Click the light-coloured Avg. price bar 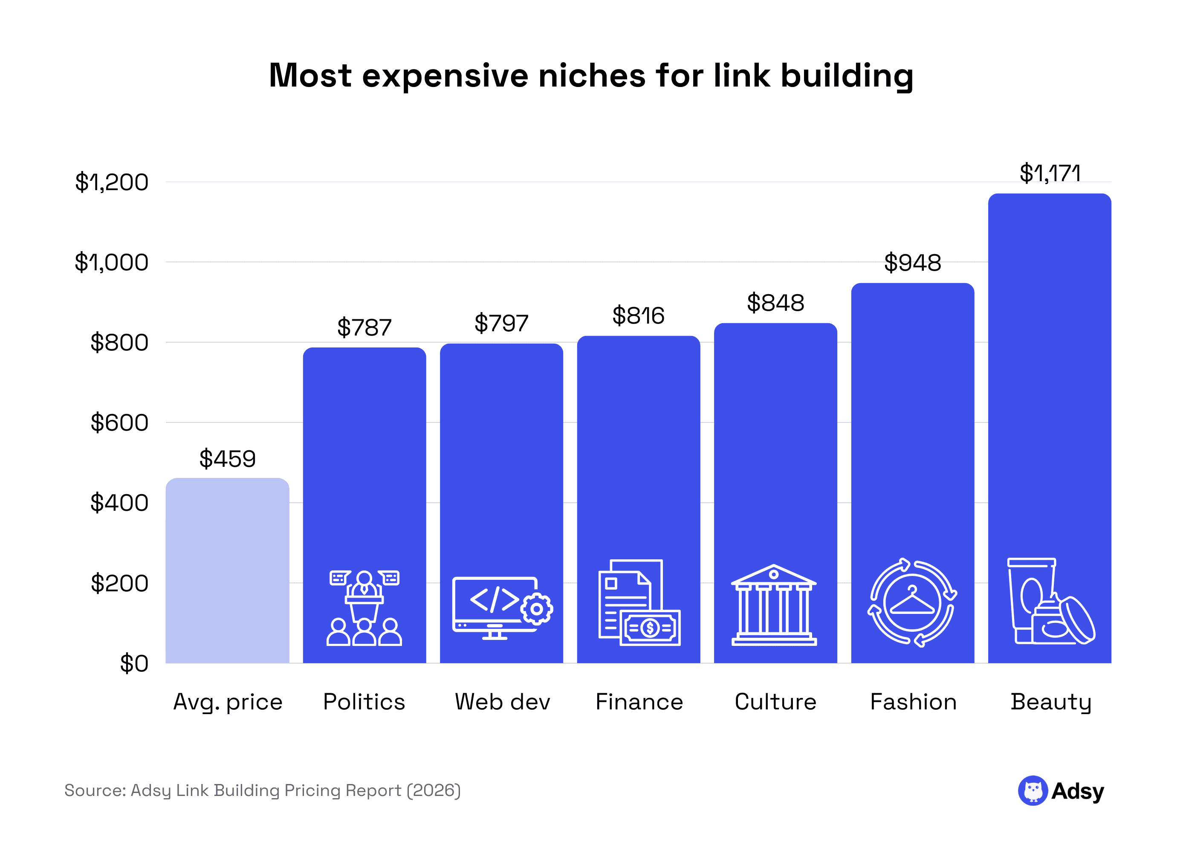pyautogui.click(x=227, y=570)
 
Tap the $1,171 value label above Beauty pyautogui.click(x=1050, y=173)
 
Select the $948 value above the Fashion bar pyautogui.click(x=912, y=263)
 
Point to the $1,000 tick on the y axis pyautogui.click(x=111, y=262)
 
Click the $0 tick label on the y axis pyautogui.click(x=134, y=664)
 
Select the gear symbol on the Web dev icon pyautogui.click(x=537, y=609)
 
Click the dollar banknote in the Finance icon pyautogui.click(x=650, y=628)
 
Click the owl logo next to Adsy pyautogui.click(x=1033, y=791)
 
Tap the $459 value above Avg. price pyautogui.click(x=228, y=459)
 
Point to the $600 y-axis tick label pyautogui.click(x=119, y=422)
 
